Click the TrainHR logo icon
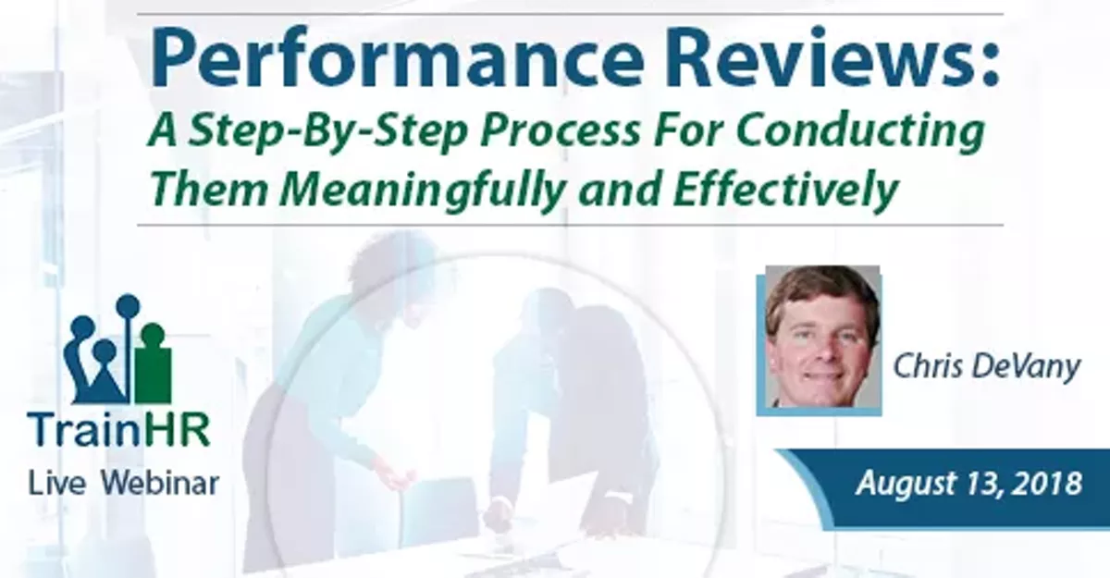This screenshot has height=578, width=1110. click(117, 350)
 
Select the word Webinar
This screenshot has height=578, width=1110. click(158, 482)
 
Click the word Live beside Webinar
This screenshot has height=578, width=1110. click(58, 482)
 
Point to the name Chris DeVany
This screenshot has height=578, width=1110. click(986, 367)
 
